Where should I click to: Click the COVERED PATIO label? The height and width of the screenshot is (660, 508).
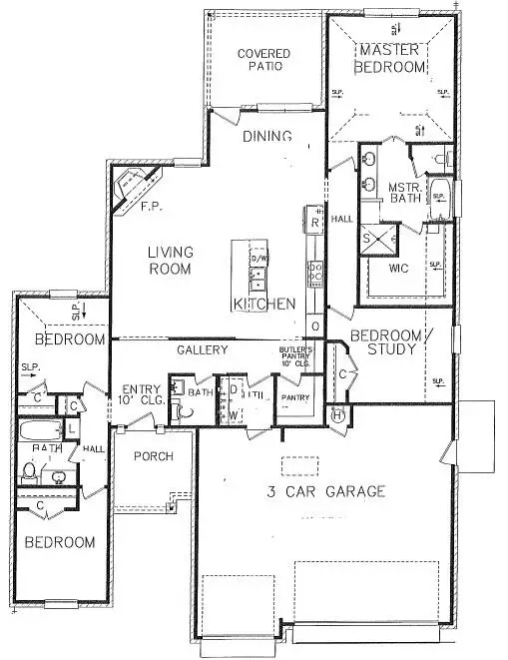[264, 59]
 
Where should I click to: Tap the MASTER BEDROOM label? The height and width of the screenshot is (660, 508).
[392, 58]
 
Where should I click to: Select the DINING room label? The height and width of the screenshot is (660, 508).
[266, 137]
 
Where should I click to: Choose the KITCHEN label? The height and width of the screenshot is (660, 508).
[263, 304]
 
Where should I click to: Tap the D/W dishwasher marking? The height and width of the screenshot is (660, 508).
[259, 260]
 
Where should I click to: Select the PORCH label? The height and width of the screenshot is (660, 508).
[153, 456]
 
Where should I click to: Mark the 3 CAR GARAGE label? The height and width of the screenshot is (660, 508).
[324, 491]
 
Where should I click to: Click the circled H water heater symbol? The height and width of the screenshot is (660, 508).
[336, 418]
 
